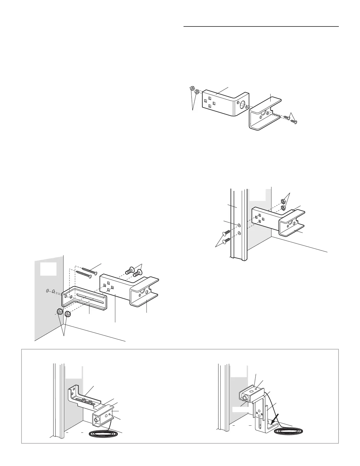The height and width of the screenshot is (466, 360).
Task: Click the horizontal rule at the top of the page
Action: [261, 26]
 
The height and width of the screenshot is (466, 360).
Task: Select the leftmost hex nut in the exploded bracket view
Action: [191, 88]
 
